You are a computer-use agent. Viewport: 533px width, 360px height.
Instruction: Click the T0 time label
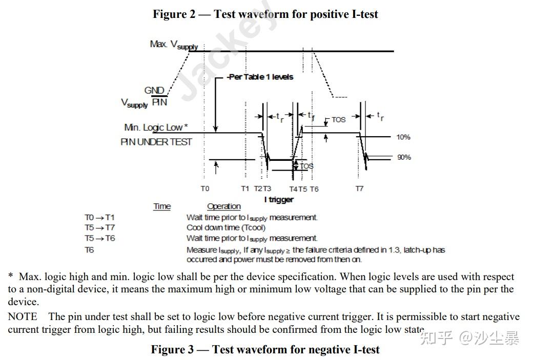pos(204,188)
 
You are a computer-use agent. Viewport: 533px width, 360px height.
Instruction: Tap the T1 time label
pos(245,188)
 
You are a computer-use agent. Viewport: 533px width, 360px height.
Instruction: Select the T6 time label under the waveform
pos(314,189)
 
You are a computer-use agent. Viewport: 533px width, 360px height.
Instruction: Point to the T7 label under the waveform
pos(359,188)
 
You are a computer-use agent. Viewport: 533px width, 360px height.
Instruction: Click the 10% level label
pos(403,137)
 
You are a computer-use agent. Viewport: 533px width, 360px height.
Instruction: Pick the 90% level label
pos(404,157)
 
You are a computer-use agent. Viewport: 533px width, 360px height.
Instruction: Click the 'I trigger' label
pos(279,199)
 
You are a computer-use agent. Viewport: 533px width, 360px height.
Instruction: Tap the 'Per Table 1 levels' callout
pos(261,77)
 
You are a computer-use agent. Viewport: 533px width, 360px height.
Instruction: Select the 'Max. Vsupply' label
pos(174,45)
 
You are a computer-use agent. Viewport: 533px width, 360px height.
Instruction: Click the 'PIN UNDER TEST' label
pos(156,142)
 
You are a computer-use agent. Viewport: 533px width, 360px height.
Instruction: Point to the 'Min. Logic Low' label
pos(156,128)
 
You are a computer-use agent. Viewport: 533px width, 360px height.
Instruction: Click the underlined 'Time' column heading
pos(162,206)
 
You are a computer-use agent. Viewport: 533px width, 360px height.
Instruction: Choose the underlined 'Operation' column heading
pos(223,206)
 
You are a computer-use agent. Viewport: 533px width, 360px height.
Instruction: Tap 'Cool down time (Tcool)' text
pos(225,228)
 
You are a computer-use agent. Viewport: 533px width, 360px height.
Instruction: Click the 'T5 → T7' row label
pos(99,228)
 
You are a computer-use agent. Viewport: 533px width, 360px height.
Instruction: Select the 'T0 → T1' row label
pos(99,218)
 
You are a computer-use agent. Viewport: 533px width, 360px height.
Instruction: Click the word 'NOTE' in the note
pos(23,316)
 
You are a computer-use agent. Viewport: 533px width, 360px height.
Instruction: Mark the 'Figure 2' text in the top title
pos(174,14)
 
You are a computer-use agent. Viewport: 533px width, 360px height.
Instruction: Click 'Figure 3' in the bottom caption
pos(172,350)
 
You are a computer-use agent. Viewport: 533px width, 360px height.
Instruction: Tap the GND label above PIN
pos(154,91)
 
